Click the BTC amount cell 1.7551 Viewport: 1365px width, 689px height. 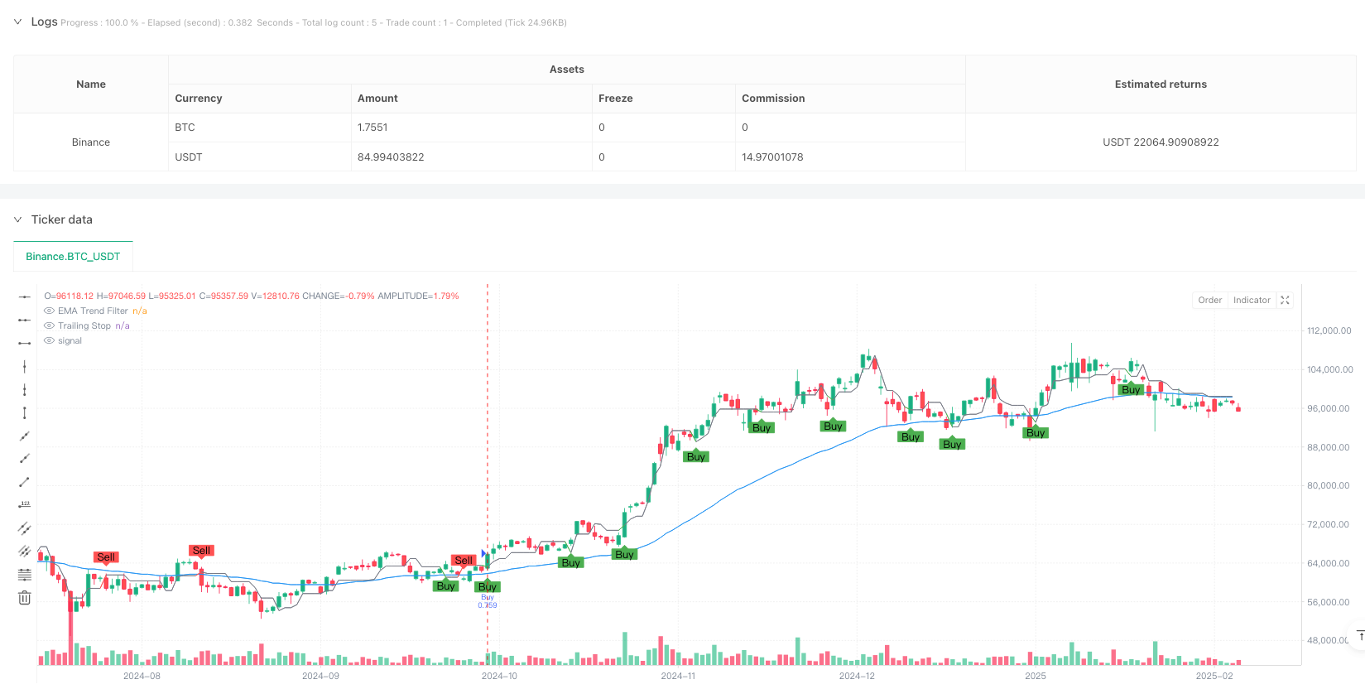[x=372, y=128]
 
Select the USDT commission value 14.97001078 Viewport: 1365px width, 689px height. [x=772, y=157]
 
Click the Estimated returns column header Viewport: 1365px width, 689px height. [x=1161, y=84]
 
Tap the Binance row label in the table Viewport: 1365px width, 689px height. [x=91, y=142]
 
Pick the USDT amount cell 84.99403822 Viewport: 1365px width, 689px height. [x=391, y=157]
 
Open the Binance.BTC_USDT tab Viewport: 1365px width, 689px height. [x=73, y=257]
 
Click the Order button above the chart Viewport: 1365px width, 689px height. [x=1209, y=301]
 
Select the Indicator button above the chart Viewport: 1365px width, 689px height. [x=1252, y=301]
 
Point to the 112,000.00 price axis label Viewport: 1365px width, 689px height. [x=1329, y=330]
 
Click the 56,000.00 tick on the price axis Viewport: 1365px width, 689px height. [x=1329, y=602]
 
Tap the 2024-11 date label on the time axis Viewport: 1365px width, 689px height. [x=678, y=676]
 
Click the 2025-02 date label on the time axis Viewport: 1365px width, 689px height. [x=1214, y=676]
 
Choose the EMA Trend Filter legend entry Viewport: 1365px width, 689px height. [x=93, y=311]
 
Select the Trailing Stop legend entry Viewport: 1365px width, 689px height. [x=84, y=326]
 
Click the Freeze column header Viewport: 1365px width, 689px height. [x=615, y=99]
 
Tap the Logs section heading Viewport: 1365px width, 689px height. [x=44, y=22]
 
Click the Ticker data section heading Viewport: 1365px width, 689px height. [x=61, y=219]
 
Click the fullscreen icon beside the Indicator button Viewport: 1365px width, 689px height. [x=1285, y=301]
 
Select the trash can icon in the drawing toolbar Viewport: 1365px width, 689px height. [x=24, y=598]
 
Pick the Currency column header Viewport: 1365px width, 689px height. [x=199, y=99]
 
